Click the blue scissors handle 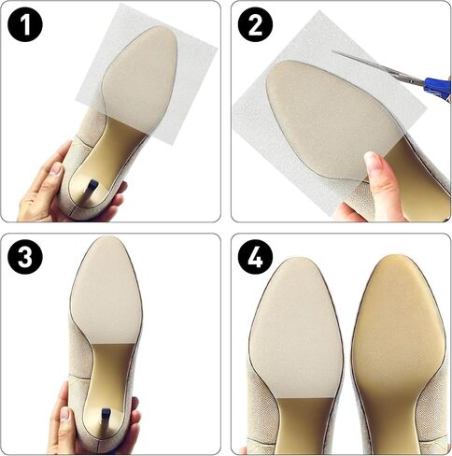coord(435,89)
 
